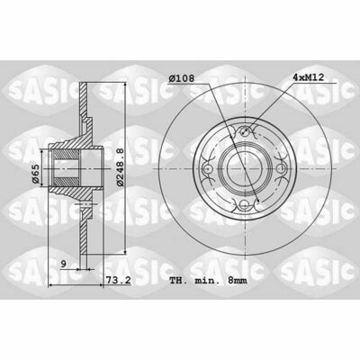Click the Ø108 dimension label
(181, 78)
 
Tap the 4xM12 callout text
(308, 77)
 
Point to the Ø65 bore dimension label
(35, 174)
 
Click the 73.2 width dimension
(118, 280)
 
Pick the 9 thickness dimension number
(63, 264)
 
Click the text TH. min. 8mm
(208, 281)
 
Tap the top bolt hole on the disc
(246, 130)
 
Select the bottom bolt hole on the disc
(246, 206)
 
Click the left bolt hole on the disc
(208, 169)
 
